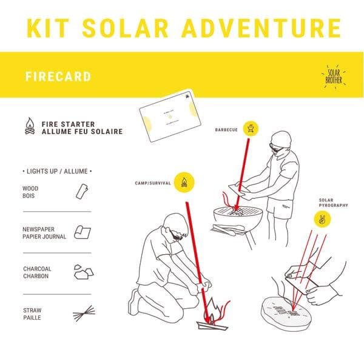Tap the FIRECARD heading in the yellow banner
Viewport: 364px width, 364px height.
point(58,77)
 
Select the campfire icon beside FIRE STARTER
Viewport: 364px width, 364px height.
point(29,127)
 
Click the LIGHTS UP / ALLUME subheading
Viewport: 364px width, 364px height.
point(56,172)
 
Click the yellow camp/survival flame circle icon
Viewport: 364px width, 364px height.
point(181,182)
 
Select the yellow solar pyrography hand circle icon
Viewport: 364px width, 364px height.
point(322,220)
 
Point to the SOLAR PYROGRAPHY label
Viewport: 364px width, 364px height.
point(334,203)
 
